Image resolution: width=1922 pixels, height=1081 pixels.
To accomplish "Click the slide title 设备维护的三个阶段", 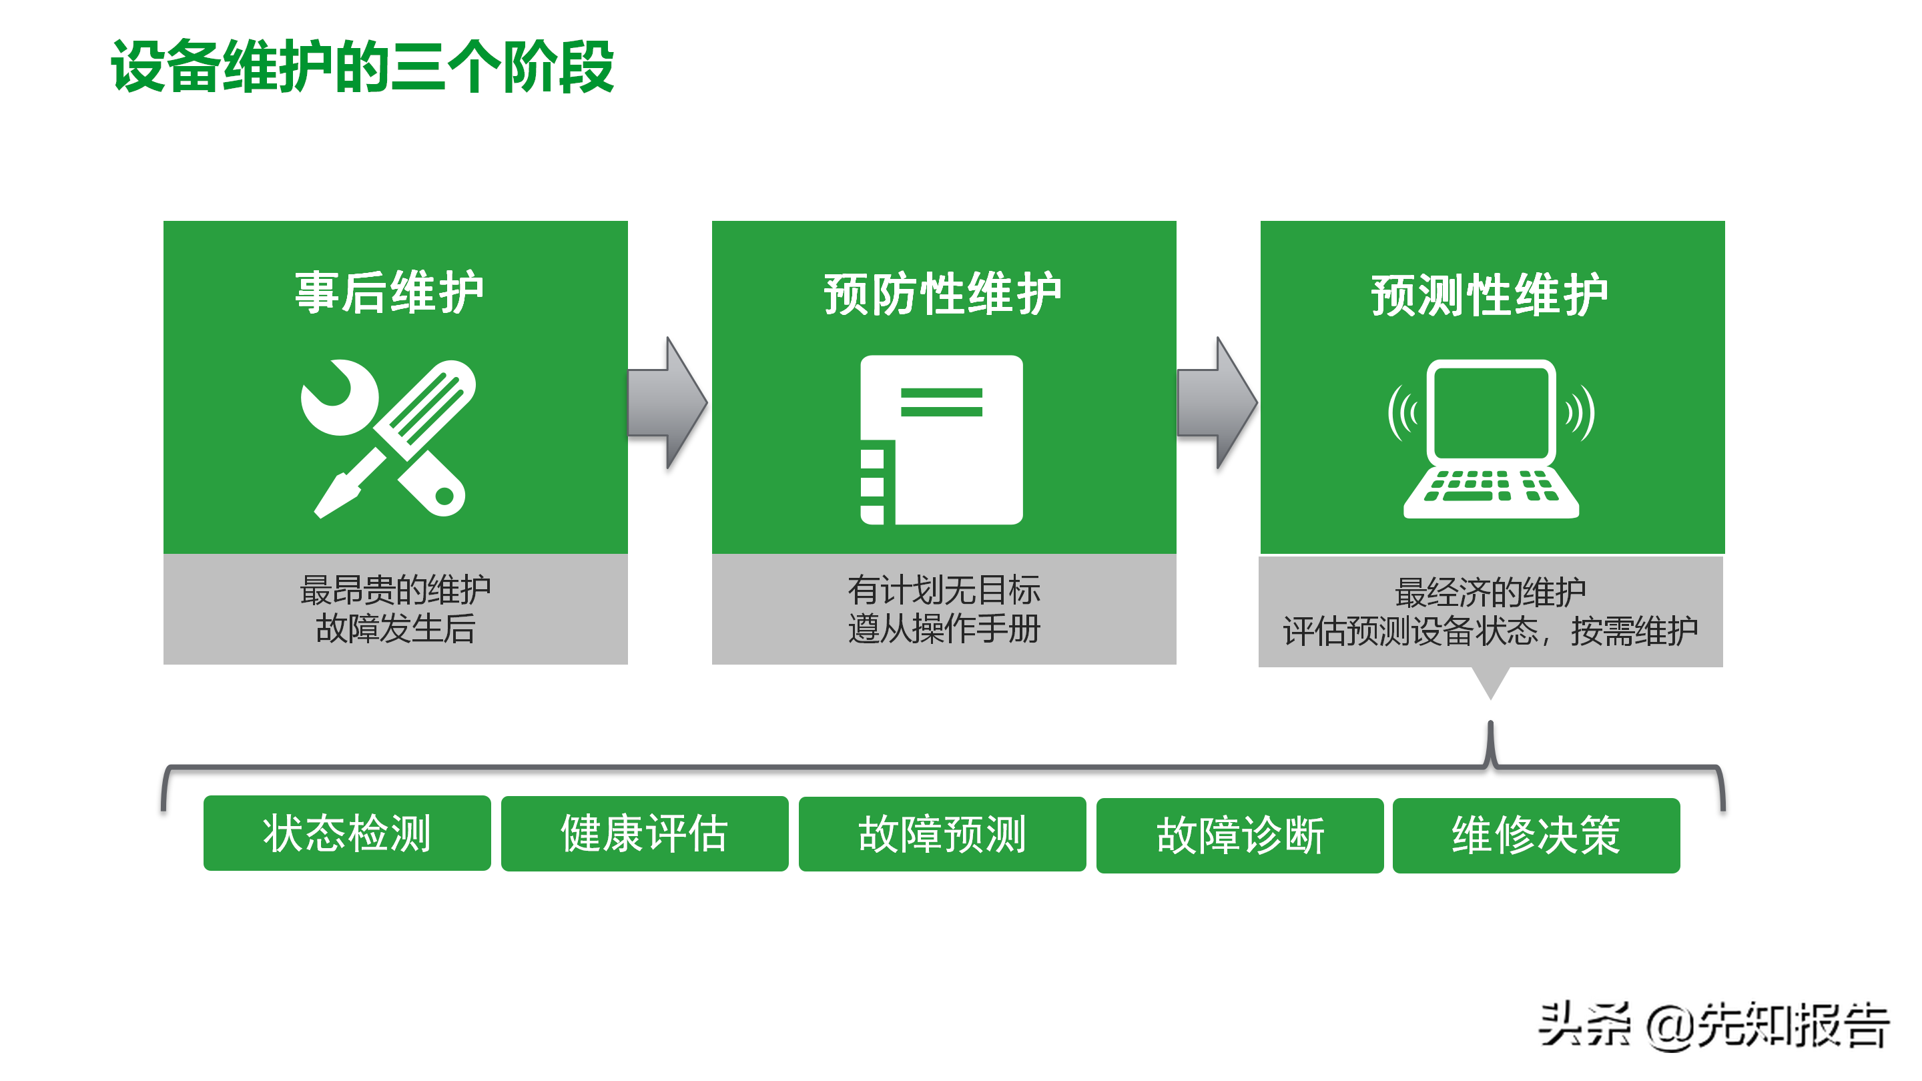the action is tap(362, 67).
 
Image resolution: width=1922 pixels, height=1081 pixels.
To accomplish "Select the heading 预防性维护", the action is tap(942, 294).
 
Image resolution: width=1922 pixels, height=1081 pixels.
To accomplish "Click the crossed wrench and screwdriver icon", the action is tap(388, 438).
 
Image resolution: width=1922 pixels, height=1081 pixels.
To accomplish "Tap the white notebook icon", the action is tap(942, 440).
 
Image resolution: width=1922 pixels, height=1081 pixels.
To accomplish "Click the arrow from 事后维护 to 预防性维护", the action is tap(668, 403).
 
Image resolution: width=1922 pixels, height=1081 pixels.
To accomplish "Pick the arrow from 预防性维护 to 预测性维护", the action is tap(1217, 403).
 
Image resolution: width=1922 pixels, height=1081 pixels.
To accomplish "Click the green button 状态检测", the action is tap(347, 833).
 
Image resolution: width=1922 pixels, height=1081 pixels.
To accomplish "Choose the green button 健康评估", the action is tap(645, 833).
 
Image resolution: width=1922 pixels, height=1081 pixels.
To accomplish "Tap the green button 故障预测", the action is tap(942, 834).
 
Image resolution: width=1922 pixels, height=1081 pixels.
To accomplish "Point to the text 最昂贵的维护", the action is tap(396, 590).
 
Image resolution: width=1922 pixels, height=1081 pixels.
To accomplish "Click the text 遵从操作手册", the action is tap(944, 628).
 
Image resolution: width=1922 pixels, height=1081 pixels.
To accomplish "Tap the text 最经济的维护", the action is tap(1490, 593).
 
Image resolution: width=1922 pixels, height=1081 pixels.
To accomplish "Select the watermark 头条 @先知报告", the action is tap(1713, 1025).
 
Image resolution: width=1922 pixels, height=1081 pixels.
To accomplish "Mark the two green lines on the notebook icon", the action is tap(942, 402).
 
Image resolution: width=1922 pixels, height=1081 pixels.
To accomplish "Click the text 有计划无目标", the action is tap(944, 590).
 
